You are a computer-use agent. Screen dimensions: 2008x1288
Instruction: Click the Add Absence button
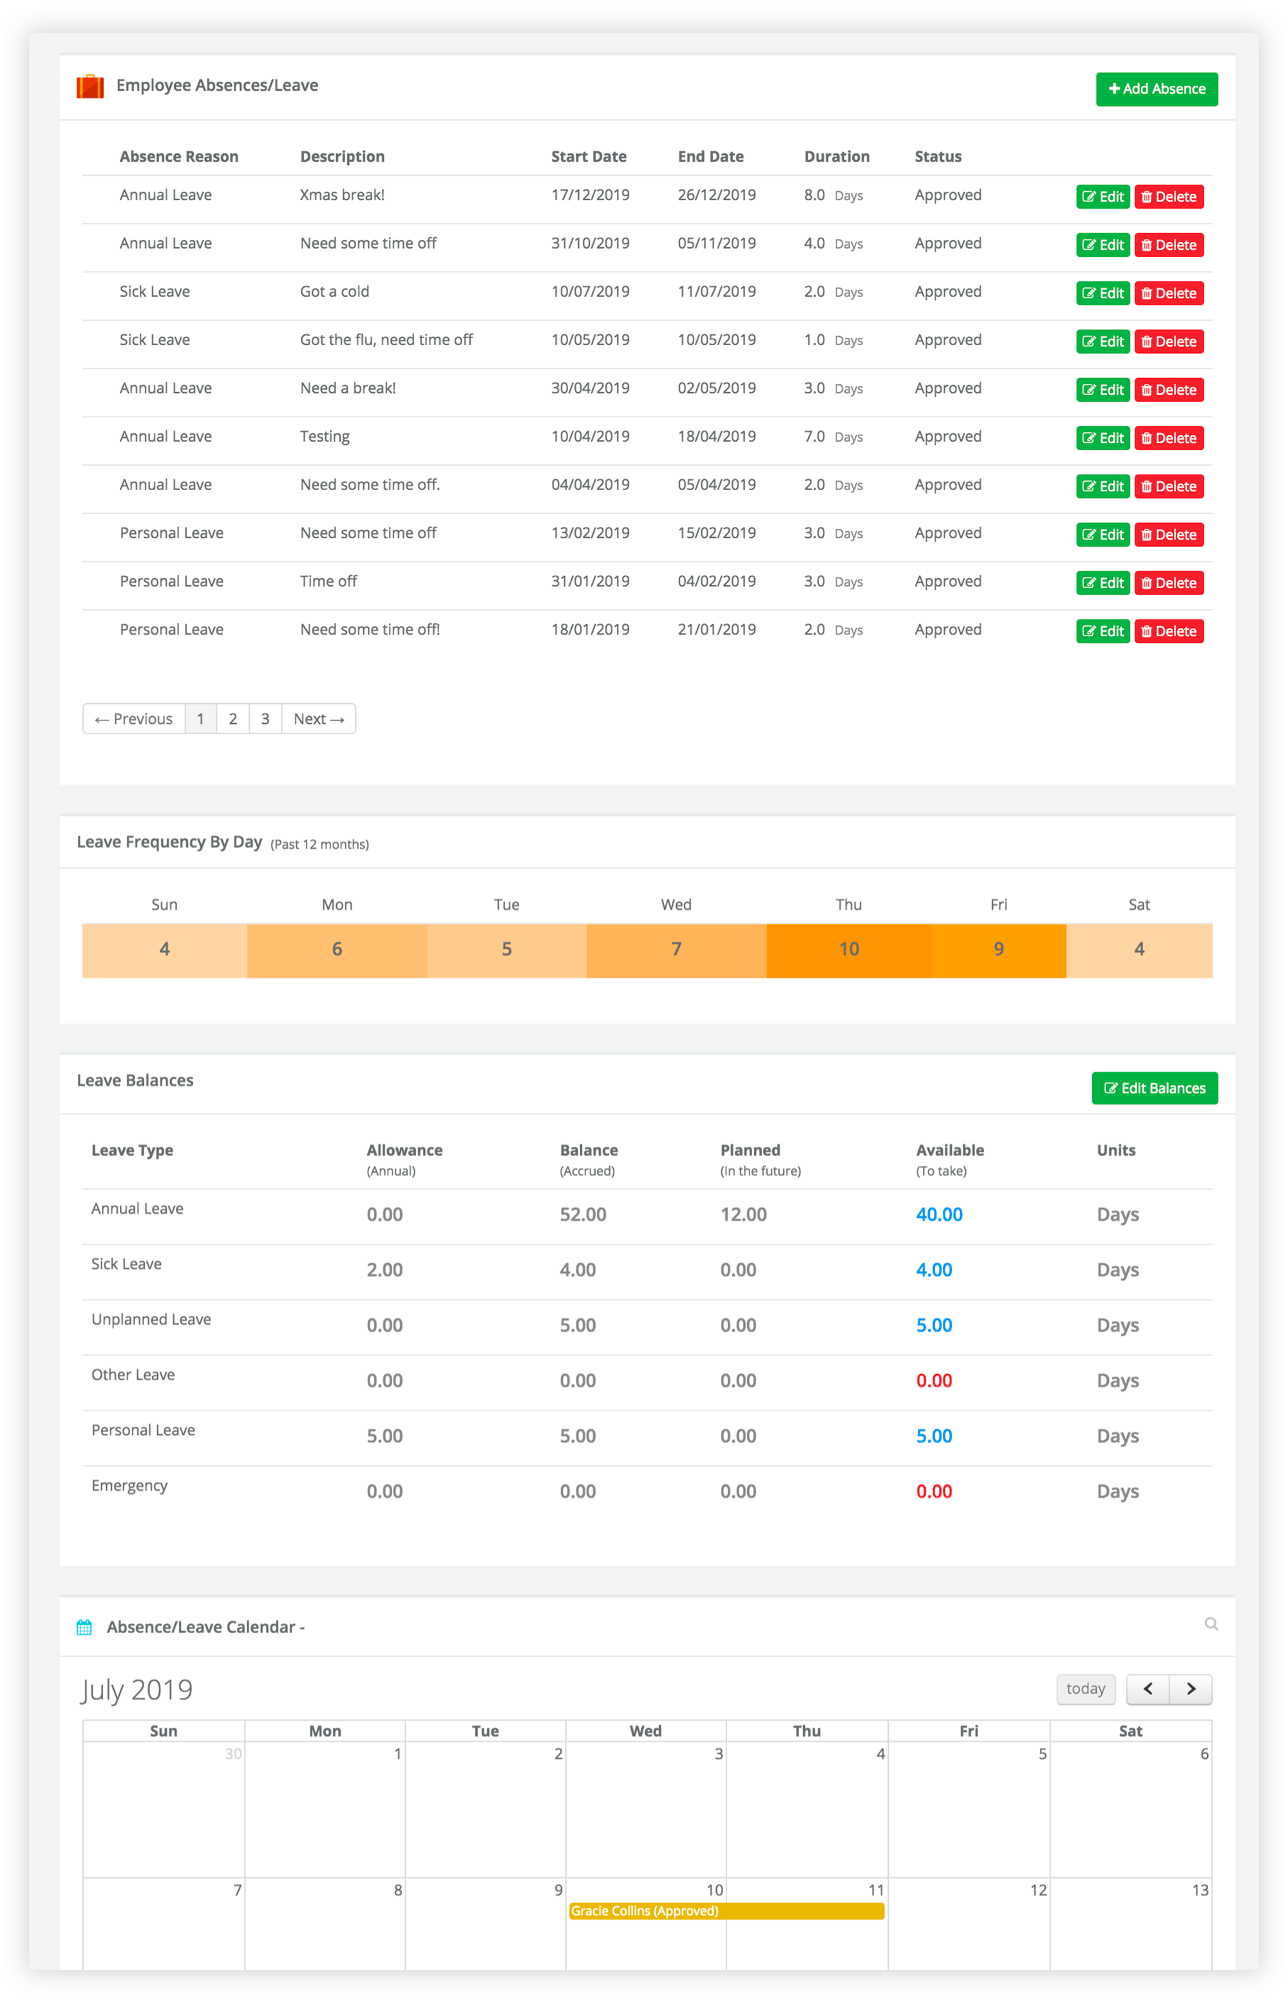click(x=1156, y=89)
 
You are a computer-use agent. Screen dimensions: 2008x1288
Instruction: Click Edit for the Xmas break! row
click(x=1103, y=196)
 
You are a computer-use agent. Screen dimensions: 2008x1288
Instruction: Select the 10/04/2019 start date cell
click(x=590, y=437)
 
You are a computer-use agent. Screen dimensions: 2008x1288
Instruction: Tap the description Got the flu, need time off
click(x=386, y=339)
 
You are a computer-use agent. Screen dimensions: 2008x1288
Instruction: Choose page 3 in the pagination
click(x=265, y=719)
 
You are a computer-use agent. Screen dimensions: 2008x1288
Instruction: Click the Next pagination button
click(x=319, y=719)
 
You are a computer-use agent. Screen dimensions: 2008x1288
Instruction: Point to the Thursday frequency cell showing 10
click(x=848, y=949)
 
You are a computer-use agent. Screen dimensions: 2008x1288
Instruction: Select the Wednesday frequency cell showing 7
click(x=676, y=949)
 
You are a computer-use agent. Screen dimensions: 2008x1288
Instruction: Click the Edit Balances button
click(x=1154, y=1088)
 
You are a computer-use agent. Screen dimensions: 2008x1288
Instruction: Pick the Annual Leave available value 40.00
click(x=938, y=1215)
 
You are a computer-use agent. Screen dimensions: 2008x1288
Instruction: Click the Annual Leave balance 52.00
click(x=583, y=1215)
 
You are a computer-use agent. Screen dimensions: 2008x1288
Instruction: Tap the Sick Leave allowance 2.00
click(x=384, y=1269)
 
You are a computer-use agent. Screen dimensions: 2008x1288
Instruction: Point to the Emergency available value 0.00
click(x=933, y=1491)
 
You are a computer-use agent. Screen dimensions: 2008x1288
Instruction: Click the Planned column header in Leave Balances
click(x=750, y=1151)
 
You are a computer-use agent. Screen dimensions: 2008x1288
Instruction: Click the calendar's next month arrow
click(x=1190, y=1689)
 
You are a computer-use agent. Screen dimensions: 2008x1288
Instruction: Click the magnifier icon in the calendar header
click(x=1210, y=1624)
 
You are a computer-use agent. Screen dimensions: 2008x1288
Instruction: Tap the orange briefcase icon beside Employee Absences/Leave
click(x=90, y=86)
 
